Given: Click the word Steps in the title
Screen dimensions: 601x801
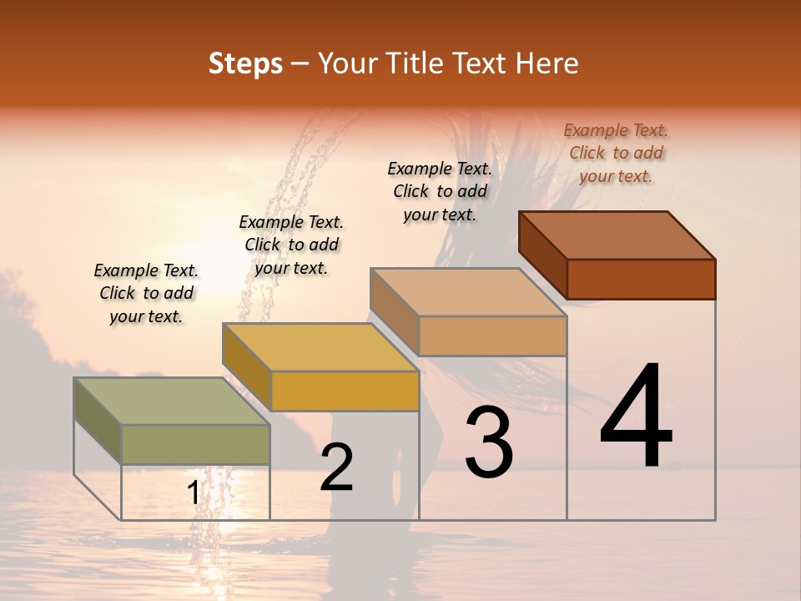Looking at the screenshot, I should pos(245,63).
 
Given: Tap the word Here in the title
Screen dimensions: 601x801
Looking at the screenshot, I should pos(546,63).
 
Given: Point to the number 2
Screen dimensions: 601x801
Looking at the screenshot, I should pos(336,467).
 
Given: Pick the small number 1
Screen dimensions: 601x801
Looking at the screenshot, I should pos(194,493).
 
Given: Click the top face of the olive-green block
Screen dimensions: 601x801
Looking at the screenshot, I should pos(171,401).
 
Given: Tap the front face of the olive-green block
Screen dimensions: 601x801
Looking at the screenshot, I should pos(195,444).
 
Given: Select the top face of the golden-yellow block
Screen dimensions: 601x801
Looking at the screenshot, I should pos(320,346).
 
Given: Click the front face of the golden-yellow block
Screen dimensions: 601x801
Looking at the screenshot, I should pos(345,391).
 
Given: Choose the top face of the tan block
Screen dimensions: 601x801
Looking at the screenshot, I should pos(468,292).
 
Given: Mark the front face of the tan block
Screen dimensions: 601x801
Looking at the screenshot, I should pos(492,336).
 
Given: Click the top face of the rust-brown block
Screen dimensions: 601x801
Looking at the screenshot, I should pos(617,235).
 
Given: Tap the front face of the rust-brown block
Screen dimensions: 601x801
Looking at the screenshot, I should pos(641,279).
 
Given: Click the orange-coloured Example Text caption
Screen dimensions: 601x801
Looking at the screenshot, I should pos(616,154).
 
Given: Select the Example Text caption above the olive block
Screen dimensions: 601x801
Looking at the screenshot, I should pos(146,293).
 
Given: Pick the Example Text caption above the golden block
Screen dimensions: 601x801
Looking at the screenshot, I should pos(291,245).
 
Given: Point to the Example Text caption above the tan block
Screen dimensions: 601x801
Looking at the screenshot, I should pos(440,191).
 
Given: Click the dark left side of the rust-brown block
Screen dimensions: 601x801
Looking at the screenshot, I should pos(542,255).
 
